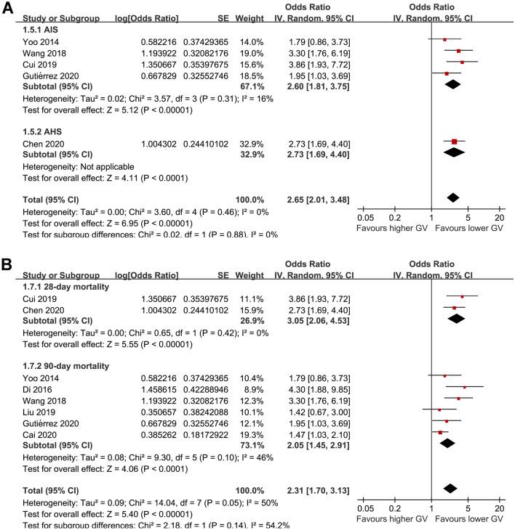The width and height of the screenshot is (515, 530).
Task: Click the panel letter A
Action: tap(7, 7)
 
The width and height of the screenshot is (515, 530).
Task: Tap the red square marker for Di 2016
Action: tap(465, 387)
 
